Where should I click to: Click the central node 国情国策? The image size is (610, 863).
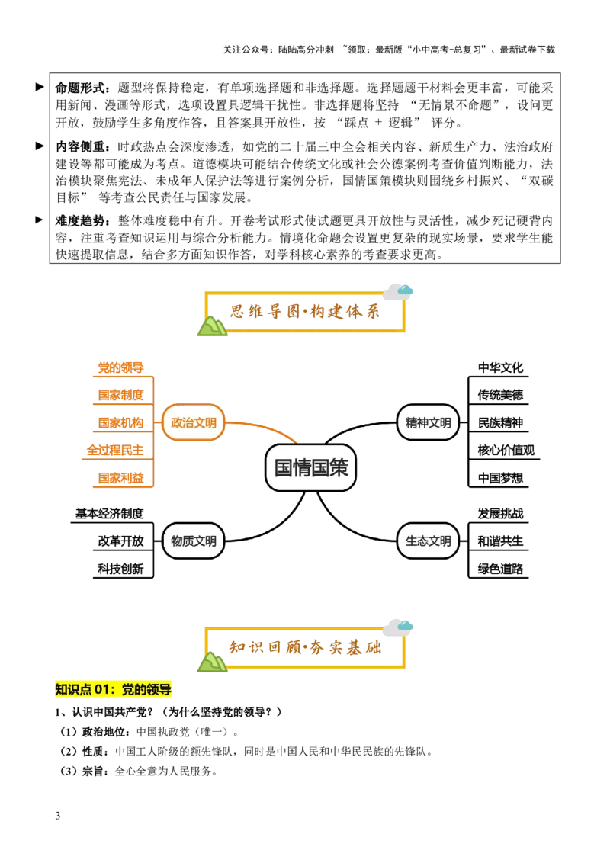click(x=310, y=467)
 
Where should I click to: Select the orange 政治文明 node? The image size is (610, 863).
click(x=193, y=422)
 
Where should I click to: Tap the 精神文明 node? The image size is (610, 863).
click(x=428, y=422)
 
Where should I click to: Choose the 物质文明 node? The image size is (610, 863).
click(x=193, y=541)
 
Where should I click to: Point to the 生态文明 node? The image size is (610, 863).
click(x=428, y=541)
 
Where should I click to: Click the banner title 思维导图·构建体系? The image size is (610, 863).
click(x=305, y=312)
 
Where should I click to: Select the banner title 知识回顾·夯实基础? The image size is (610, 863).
click(x=305, y=648)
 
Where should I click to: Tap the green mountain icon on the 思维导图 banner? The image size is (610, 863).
click(x=213, y=326)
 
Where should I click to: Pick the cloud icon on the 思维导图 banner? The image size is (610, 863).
click(x=399, y=290)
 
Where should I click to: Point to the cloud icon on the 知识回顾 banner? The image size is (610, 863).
click(x=399, y=627)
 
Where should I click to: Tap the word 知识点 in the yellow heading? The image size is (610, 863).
click(x=72, y=690)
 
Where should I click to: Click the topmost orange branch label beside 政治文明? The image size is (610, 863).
click(x=120, y=367)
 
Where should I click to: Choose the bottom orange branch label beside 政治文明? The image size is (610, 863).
click(x=120, y=478)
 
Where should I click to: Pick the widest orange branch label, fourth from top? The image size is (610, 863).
click(x=114, y=451)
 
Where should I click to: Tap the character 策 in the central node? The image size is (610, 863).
click(x=338, y=467)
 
